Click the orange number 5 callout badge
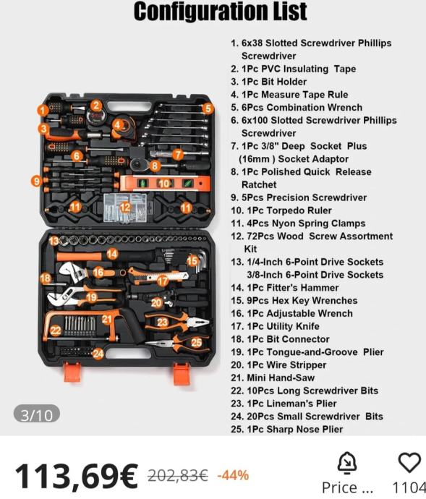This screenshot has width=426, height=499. [208, 108]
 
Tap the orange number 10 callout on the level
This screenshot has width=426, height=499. [164, 184]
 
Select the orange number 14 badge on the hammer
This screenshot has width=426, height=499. [112, 254]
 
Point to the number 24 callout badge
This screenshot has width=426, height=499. [98, 354]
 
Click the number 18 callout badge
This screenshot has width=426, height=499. [46, 278]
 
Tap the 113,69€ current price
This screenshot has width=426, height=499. [77, 475]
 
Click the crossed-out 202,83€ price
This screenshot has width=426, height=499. [178, 476]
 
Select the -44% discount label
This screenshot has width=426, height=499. [233, 475]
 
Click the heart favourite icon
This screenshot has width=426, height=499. [409, 462]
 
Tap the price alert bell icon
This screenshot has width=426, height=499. [347, 463]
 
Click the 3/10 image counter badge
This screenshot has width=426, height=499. [37, 415]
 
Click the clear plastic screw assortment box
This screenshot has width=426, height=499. [125, 208]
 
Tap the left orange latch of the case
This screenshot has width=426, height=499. [72, 372]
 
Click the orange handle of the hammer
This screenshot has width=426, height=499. [79, 257]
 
